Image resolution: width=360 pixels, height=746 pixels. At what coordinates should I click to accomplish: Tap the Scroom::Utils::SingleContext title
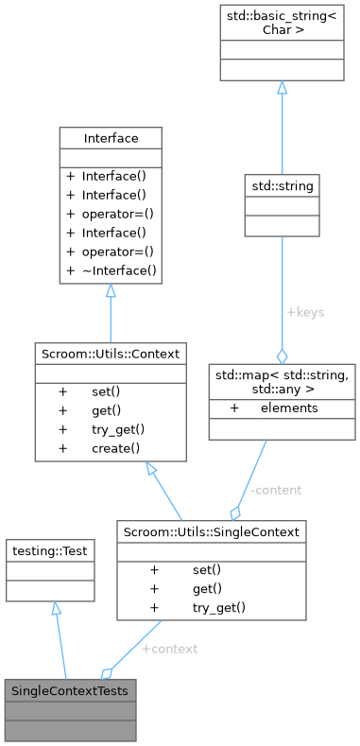point(211,532)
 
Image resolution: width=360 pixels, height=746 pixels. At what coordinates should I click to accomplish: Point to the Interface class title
point(111,138)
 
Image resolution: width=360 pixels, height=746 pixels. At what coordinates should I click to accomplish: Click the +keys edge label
point(305,311)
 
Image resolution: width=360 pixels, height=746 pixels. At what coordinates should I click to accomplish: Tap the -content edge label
point(276,490)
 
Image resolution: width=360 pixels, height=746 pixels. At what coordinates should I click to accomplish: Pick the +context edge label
point(169,651)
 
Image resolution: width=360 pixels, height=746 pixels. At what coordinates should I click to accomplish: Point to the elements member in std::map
point(289,408)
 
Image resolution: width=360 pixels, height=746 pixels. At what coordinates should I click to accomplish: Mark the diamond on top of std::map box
point(281,356)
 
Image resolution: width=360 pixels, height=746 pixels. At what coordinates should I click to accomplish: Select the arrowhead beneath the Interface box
point(111,294)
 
